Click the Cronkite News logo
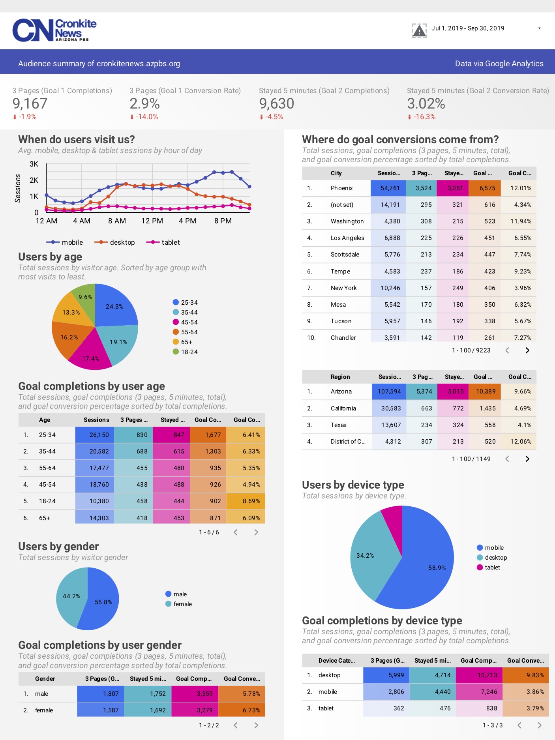pyautogui.click(x=54, y=30)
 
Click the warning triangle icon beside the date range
pyautogui.click(x=419, y=30)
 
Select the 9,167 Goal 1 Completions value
pyautogui.click(x=30, y=104)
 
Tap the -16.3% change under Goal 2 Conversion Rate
pyautogui.click(x=424, y=117)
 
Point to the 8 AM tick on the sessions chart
pyautogui.click(x=117, y=221)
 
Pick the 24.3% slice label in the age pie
pyautogui.click(x=114, y=307)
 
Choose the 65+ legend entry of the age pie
pyautogui.click(x=186, y=342)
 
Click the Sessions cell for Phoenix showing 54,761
pyautogui.click(x=390, y=188)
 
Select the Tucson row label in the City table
pyautogui.click(x=341, y=321)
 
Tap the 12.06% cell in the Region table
pyautogui.click(x=521, y=442)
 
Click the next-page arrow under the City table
pyautogui.click(x=527, y=350)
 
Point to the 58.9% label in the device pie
pyautogui.click(x=437, y=568)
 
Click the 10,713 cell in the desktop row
pyautogui.click(x=487, y=675)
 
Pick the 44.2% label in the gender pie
pyautogui.click(x=71, y=596)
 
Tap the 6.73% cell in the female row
pyautogui.click(x=251, y=710)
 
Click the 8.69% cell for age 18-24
pyautogui.click(x=251, y=501)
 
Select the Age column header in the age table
pyautogui.click(x=45, y=420)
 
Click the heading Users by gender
pyautogui.click(x=58, y=547)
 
